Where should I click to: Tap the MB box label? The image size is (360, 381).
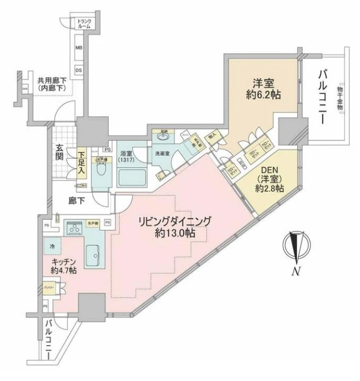tap(79, 48)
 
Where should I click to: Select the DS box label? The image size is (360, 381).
tap(79, 70)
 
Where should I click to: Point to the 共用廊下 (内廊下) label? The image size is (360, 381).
tap(51, 84)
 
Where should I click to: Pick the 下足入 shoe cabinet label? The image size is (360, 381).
tap(81, 162)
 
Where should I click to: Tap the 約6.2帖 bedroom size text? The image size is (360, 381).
tap(262, 95)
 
